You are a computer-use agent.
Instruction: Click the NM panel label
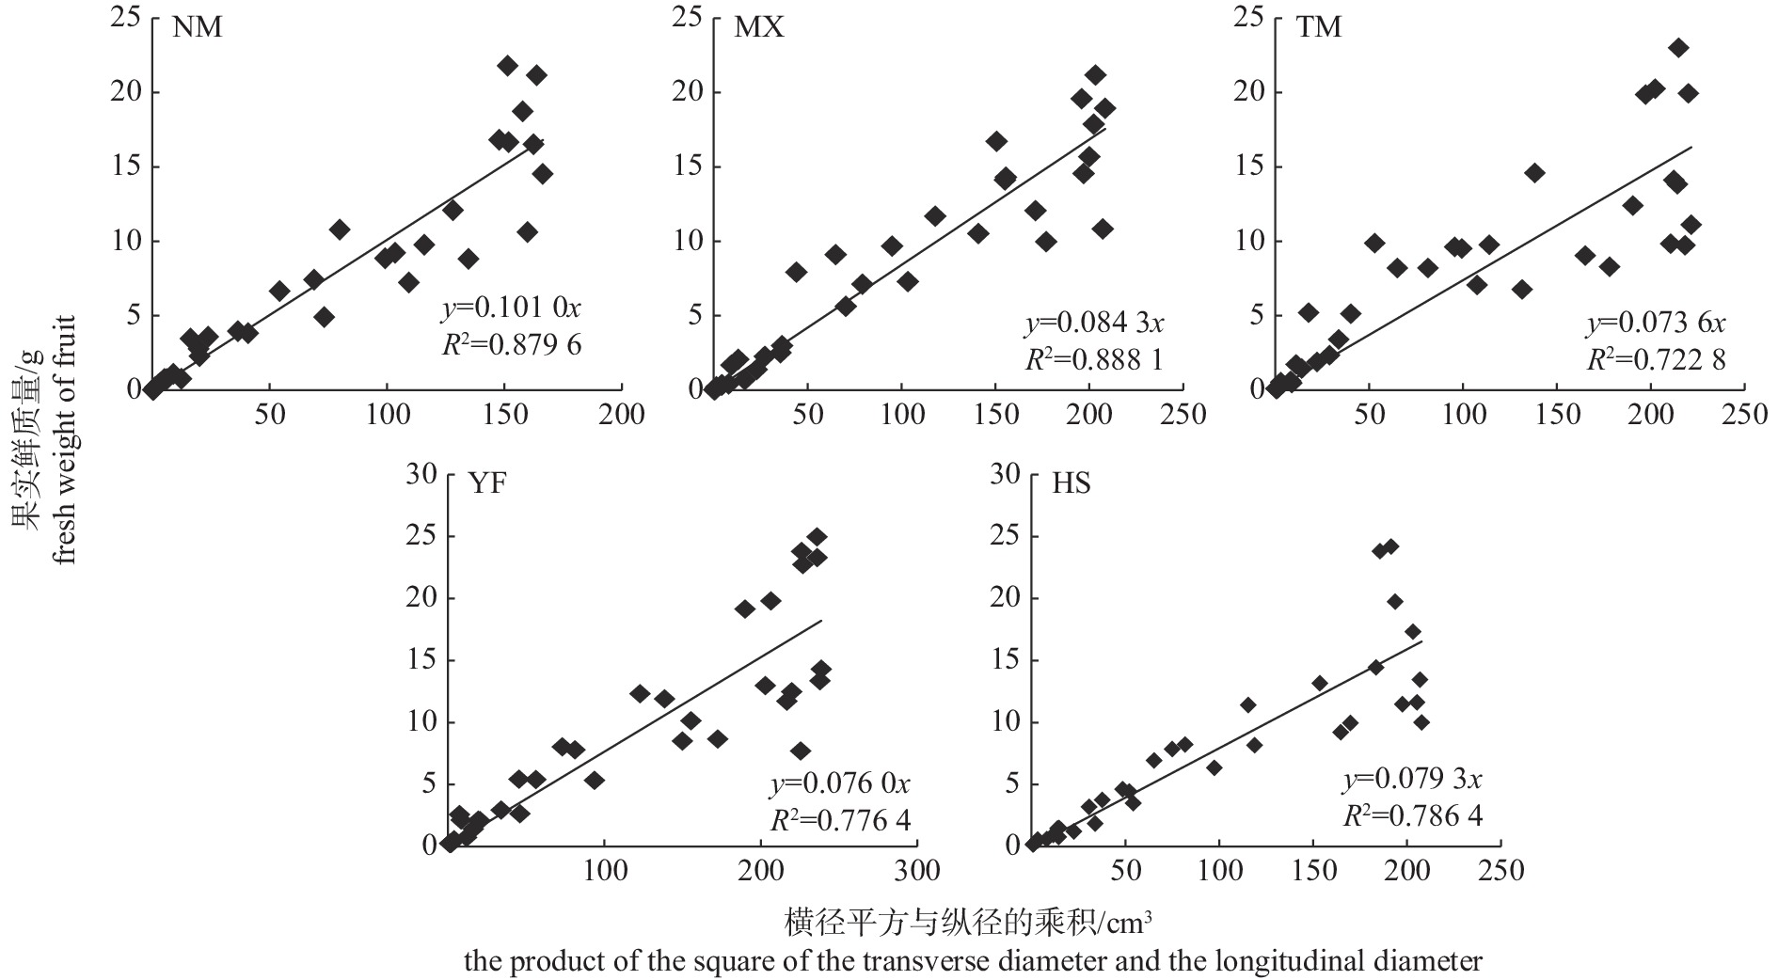point(198,27)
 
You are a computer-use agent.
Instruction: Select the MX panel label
point(758,27)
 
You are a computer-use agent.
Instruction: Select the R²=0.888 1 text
point(1094,359)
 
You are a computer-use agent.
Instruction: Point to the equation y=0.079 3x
point(1412,780)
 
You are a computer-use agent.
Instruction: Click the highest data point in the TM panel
point(1678,48)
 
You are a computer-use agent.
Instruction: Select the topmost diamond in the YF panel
point(818,537)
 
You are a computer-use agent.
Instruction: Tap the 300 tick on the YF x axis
point(917,871)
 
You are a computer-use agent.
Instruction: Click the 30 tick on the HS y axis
point(1006,474)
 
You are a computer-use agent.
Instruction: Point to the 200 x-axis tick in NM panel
point(621,415)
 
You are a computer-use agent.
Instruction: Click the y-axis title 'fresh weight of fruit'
point(64,437)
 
